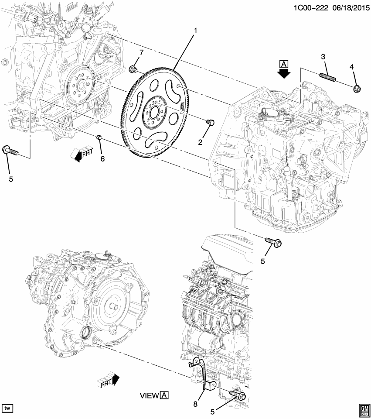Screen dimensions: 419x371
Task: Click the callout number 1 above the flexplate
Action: [196, 31]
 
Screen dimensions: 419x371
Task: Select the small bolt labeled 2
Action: [209, 122]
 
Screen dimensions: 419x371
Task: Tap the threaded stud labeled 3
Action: [328, 76]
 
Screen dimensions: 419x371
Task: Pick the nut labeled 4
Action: [355, 89]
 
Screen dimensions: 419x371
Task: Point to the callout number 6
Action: [103, 158]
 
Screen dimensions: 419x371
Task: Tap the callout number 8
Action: [195, 404]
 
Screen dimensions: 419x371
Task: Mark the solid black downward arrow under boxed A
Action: [284, 73]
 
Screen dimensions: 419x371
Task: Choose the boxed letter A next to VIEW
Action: [164, 395]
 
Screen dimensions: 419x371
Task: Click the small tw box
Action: [8, 408]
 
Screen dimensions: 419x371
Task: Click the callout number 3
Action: [323, 57]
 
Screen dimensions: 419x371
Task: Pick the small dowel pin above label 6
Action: [99, 138]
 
